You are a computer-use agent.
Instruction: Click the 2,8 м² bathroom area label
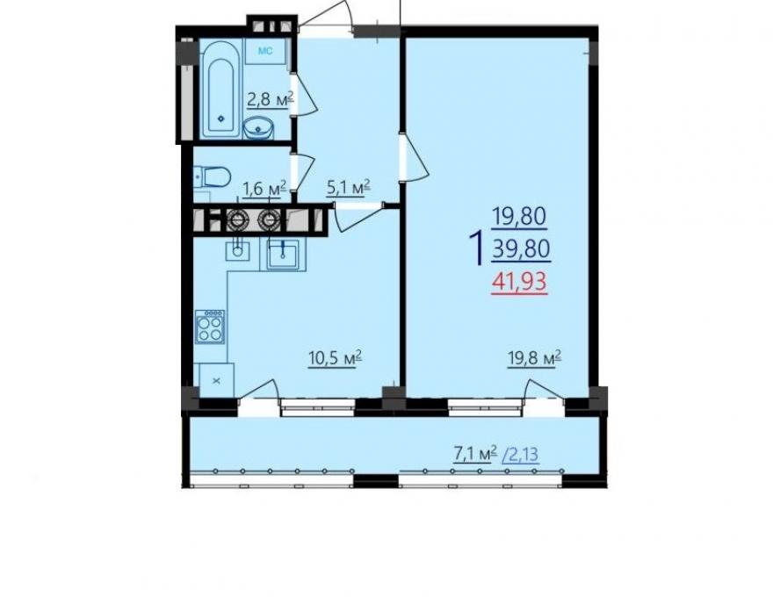271,99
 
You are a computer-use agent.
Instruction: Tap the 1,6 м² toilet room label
264,189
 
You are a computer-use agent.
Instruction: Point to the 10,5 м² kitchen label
336,358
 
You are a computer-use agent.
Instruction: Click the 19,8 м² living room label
535,358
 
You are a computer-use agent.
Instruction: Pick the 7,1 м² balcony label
475,454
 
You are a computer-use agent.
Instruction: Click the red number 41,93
520,282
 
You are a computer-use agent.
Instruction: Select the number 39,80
521,249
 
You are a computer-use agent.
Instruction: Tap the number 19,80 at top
520,216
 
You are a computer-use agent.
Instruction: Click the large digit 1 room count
476,248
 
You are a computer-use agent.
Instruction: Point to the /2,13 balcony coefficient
520,454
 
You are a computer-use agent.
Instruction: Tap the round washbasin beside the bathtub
259,127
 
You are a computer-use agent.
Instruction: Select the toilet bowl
213,176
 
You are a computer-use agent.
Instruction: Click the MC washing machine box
265,51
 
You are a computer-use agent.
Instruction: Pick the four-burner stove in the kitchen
210,327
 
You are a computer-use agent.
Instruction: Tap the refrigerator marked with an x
216,380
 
